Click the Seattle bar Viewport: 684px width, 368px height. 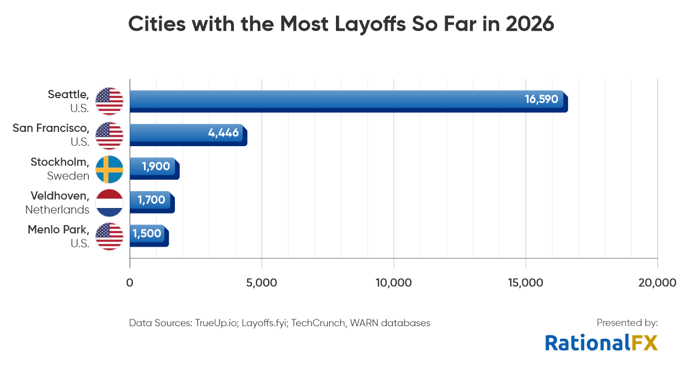331,101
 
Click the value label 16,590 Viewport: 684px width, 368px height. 541,100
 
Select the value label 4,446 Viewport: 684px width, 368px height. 223,133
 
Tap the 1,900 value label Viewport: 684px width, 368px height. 156,167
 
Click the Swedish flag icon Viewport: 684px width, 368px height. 109,169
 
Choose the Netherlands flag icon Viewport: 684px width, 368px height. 109,203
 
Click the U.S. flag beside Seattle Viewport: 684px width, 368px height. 109,101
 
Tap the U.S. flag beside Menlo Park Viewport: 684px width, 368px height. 109,237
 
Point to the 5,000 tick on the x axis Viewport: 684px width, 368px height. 261,283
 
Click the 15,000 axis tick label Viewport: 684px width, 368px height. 525,283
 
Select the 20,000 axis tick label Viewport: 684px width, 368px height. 656,283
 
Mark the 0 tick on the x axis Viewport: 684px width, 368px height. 130,283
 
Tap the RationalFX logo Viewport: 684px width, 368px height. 601,343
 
